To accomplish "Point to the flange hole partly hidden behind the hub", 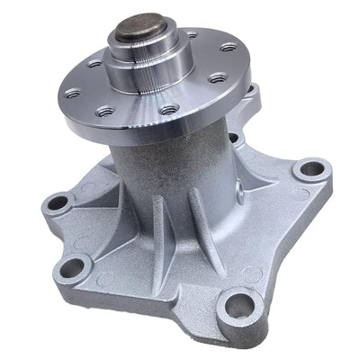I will pos(190,36).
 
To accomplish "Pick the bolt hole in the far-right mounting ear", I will pos(311,167).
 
